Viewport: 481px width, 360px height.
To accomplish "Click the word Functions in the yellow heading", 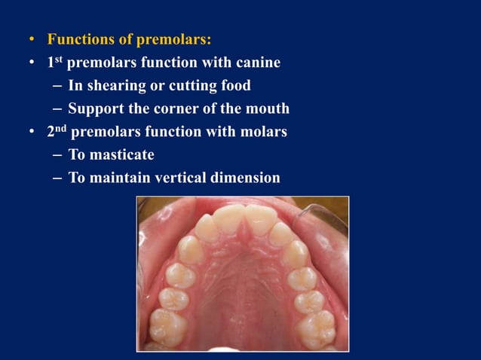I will click(80, 38).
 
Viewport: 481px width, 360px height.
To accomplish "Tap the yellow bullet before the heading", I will click(31, 39).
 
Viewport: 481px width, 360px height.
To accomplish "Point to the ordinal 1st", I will click(55, 62).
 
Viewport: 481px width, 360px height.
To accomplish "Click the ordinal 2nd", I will click(57, 131).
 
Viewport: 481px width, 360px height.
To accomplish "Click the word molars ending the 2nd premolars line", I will click(262, 132).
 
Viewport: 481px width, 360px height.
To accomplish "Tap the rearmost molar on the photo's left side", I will click(167, 325).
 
